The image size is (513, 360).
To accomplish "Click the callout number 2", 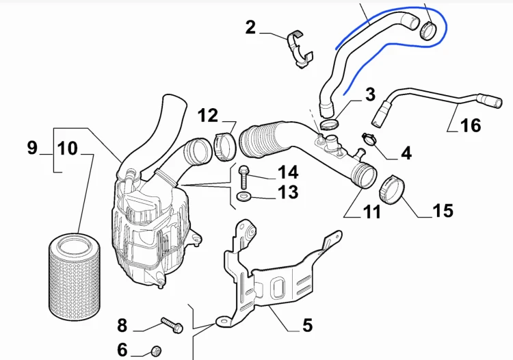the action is (250, 27).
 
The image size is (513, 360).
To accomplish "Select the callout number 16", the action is (471, 125).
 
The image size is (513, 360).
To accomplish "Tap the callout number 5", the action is (308, 325).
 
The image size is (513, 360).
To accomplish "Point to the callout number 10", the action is (68, 149).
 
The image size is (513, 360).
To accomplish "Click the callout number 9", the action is (32, 147).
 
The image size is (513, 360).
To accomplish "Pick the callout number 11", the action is (372, 211).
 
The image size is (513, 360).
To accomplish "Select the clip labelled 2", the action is (300, 49).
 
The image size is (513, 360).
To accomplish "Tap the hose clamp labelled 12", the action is (225, 146).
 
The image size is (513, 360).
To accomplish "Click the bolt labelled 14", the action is (243, 177).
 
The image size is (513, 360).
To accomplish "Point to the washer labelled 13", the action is (243, 196).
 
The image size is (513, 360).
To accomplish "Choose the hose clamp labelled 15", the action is (392, 190).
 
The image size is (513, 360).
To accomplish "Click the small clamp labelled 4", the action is (369, 139).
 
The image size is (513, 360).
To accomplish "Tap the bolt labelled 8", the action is (172, 325).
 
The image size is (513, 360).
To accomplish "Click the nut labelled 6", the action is (156, 352).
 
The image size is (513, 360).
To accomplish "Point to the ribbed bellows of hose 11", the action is (262, 139).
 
